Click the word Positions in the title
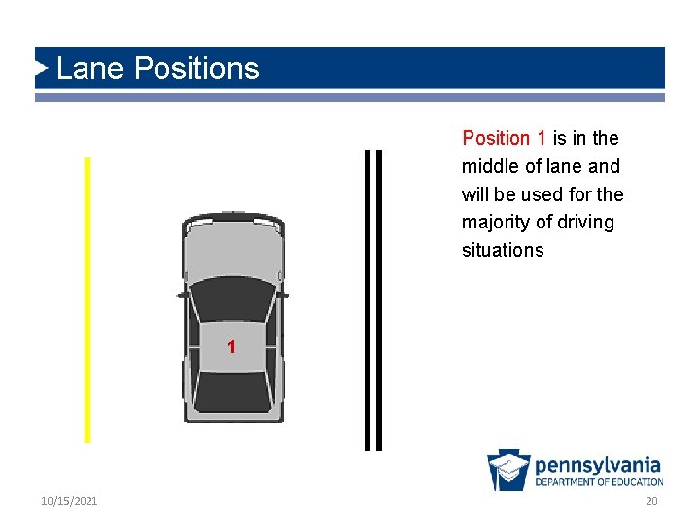click(196, 68)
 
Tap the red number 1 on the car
click(231, 347)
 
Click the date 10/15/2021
click(69, 501)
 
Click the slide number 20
click(652, 501)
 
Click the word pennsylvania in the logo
click(598, 465)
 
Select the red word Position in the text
click(496, 138)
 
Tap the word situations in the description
click(503, 250)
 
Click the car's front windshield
click(232, 297)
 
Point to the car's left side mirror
click(182, 293)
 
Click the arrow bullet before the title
click(41, 68)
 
